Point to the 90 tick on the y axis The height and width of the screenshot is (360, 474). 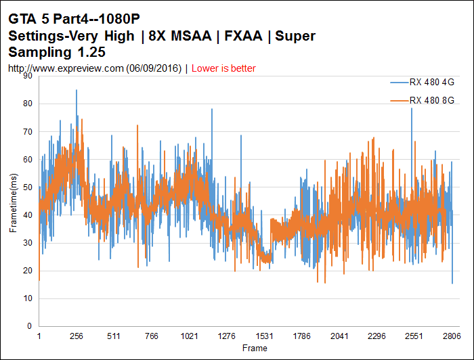click(x=28, y=76)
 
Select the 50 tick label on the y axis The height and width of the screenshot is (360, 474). click(x=28, y=187)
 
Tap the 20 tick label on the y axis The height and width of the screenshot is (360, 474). click(x=28, y=271)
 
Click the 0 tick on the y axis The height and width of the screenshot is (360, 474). click(x=30, y=326)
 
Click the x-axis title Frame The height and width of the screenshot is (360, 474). click(x=255, y=348)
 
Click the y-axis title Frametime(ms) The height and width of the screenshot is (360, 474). click(x=13, y=201)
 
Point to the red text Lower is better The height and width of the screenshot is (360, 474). click(x=223, y=68)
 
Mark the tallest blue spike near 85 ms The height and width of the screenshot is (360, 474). click(x=77, y=91)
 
